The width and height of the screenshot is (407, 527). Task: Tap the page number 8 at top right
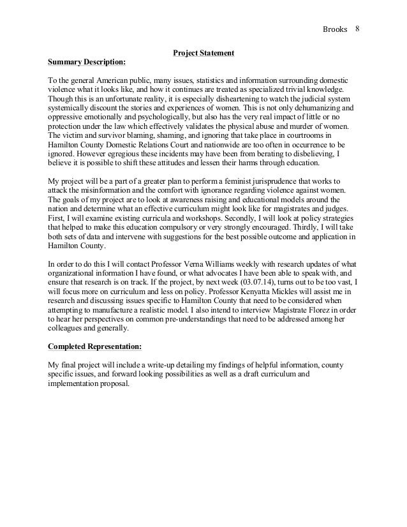(357, 29)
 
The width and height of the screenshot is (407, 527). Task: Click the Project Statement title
(204, 52)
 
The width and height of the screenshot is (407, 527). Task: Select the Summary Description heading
(87, 63)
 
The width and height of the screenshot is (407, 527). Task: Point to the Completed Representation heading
(95, 347)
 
